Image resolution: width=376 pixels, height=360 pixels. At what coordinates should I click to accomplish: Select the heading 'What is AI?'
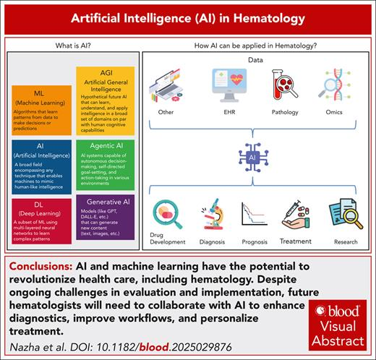tap(74, 47)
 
